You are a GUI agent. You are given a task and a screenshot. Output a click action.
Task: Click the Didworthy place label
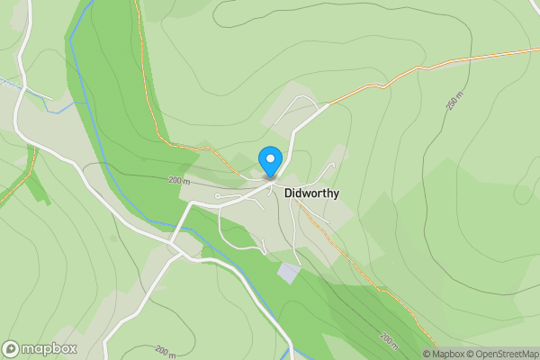[311, 193]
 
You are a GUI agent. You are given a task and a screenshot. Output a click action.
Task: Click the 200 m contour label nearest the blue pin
[177, 180]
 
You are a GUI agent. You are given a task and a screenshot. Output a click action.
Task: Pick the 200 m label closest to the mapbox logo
[165, 349]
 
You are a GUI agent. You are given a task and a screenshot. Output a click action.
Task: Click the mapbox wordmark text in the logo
[49, 349]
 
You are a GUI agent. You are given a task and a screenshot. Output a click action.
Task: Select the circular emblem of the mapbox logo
[11, 349]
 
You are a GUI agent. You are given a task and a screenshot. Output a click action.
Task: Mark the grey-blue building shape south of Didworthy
[288, 272]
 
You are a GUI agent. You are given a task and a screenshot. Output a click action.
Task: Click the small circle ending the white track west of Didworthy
[218, 194]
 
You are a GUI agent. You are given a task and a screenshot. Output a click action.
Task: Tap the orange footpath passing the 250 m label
[423, 72]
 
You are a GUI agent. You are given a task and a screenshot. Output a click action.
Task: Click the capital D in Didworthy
[288, 193]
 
